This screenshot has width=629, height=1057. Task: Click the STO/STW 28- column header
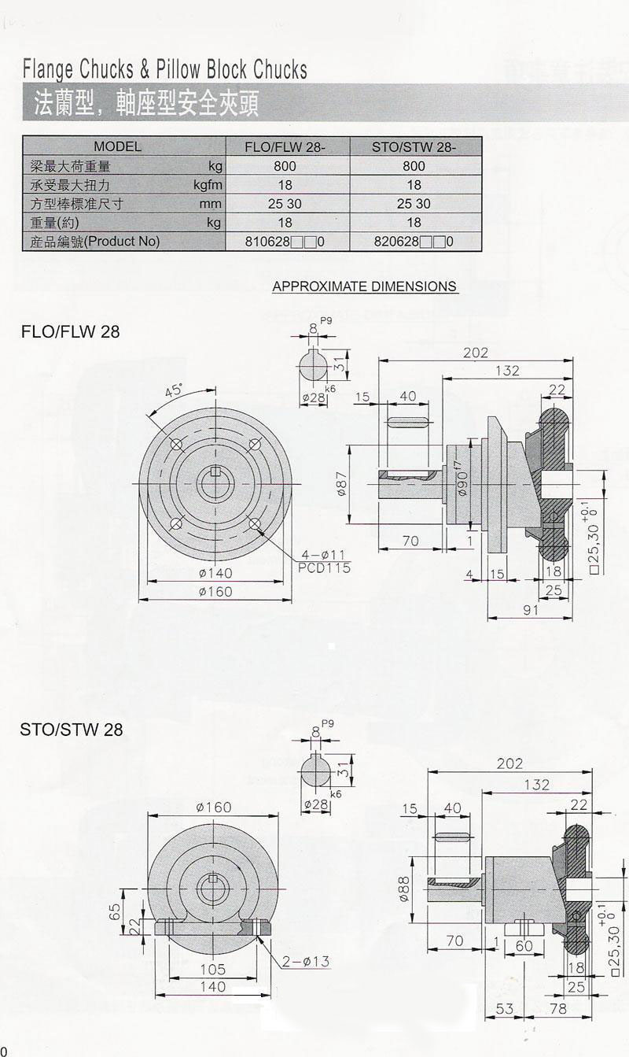[414, 146]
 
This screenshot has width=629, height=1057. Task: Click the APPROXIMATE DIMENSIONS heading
[365, 286]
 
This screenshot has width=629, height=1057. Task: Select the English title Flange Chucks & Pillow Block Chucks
[165, 70]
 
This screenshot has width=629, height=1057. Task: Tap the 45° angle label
[173, 390]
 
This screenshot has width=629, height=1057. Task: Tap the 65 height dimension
[114, 911]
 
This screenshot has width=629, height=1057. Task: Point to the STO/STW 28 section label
[72, 730]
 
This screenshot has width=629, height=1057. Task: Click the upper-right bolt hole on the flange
[254, 445]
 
